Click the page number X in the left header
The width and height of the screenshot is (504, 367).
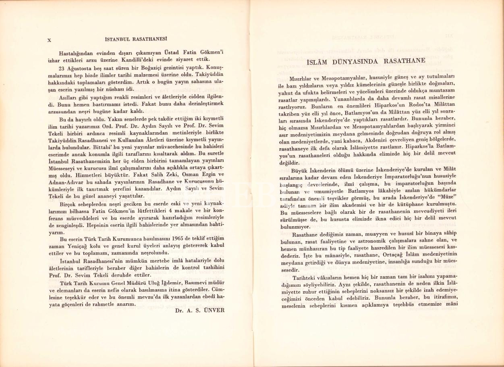[x=49, y=40]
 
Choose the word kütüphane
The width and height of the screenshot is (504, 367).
[x=411, y=205]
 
